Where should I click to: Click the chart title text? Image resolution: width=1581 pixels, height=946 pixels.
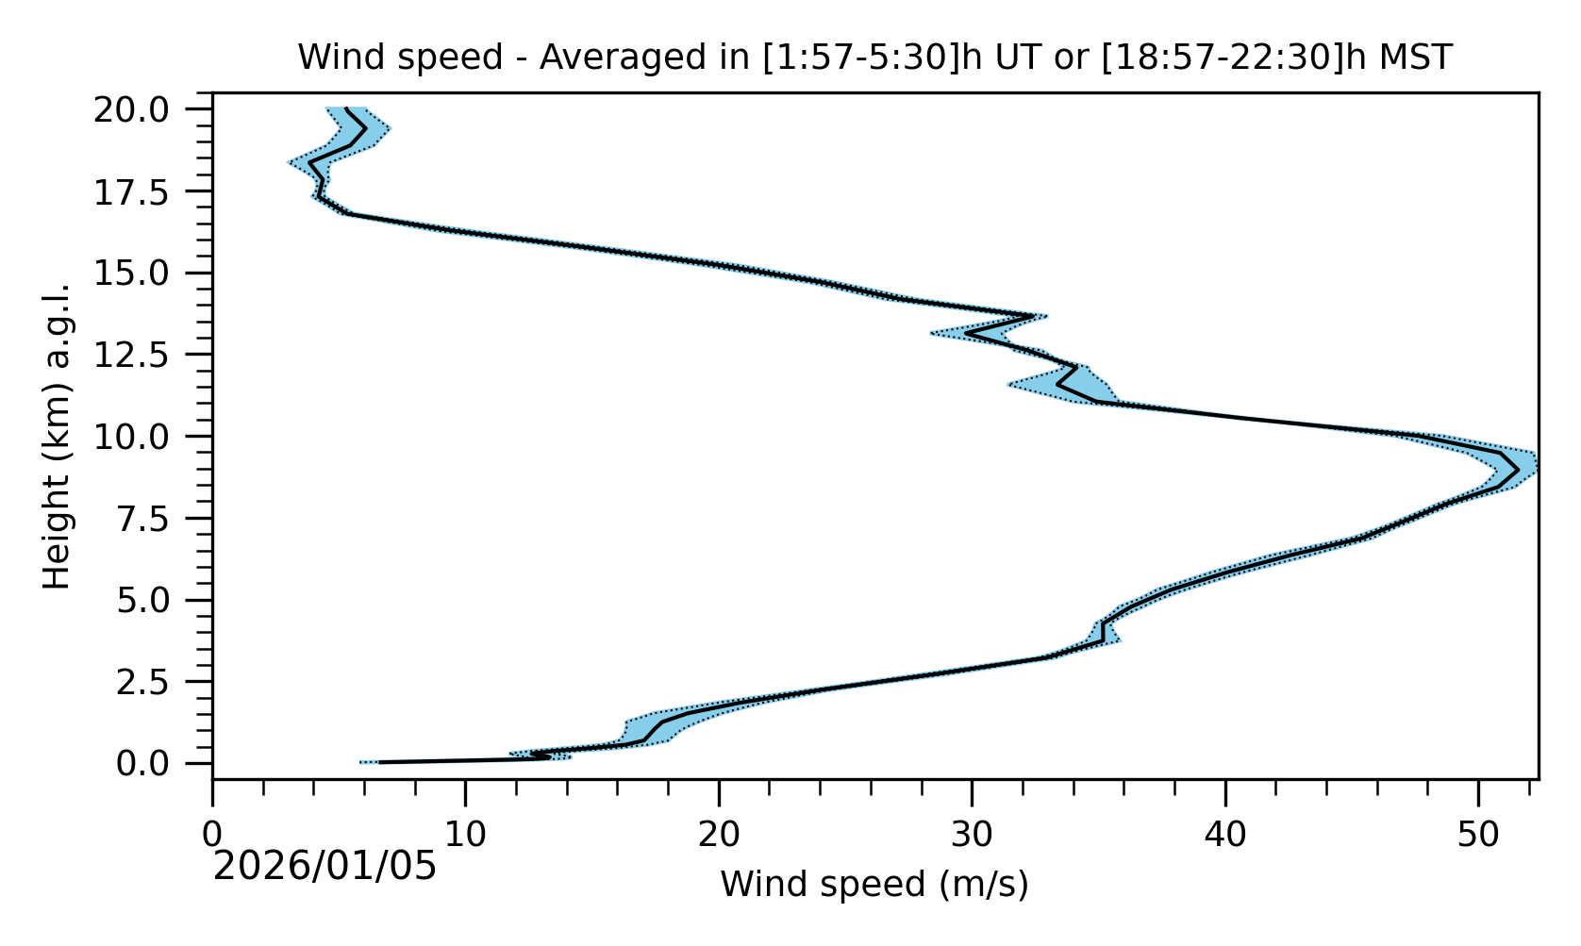pyautogui.click(x=874, y=58)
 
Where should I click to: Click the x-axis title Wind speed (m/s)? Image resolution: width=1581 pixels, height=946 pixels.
pyautogui.click(x=874, y=885)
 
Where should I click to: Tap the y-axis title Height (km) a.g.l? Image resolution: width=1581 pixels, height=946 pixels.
pyautogui.click(x=58, y=436)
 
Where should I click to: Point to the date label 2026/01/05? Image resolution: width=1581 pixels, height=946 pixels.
pyautogui.click(x=325, y=866)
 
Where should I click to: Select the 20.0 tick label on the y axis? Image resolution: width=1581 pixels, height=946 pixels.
pyautogui.click(x=144, y=109)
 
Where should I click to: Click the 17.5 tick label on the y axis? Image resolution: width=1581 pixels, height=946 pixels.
pyautogui.click(x=144, y=191)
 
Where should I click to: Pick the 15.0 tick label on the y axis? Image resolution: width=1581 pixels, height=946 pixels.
pyautogui.click(x=144, y=274)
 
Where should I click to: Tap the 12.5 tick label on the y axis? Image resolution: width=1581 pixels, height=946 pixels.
pyautogui.click(x=144, y=355)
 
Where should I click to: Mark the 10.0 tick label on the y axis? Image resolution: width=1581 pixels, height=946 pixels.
pyautogui.click(x=144, y=437)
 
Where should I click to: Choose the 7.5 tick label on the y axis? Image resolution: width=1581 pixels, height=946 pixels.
pyautogui.click(x=156, y=519)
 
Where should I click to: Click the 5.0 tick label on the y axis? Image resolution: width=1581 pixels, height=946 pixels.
pyautogui.click(x=156, y=600)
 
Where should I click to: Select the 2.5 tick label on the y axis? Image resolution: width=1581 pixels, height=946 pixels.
pyautogui.click(x=156, y=682)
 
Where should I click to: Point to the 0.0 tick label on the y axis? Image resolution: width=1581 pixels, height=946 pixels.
pyautogui.click(x=156, y=764)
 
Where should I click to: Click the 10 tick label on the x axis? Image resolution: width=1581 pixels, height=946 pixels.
pyautogui.click(x=465, y=835)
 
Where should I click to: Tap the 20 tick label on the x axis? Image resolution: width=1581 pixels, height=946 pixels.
pyautogui.click(x=719, y=835)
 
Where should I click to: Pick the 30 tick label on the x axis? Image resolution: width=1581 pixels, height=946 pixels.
pyautogui.click(x=972, y=835)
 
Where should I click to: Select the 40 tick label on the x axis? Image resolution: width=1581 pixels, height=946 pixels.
pyautogui.click(x=1225, y=835)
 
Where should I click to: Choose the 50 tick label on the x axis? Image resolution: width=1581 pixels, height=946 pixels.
pyautogui.click(x=1478, y=835)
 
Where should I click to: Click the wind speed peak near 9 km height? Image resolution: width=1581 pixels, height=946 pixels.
pyautogui.click(x=1518, y=469)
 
